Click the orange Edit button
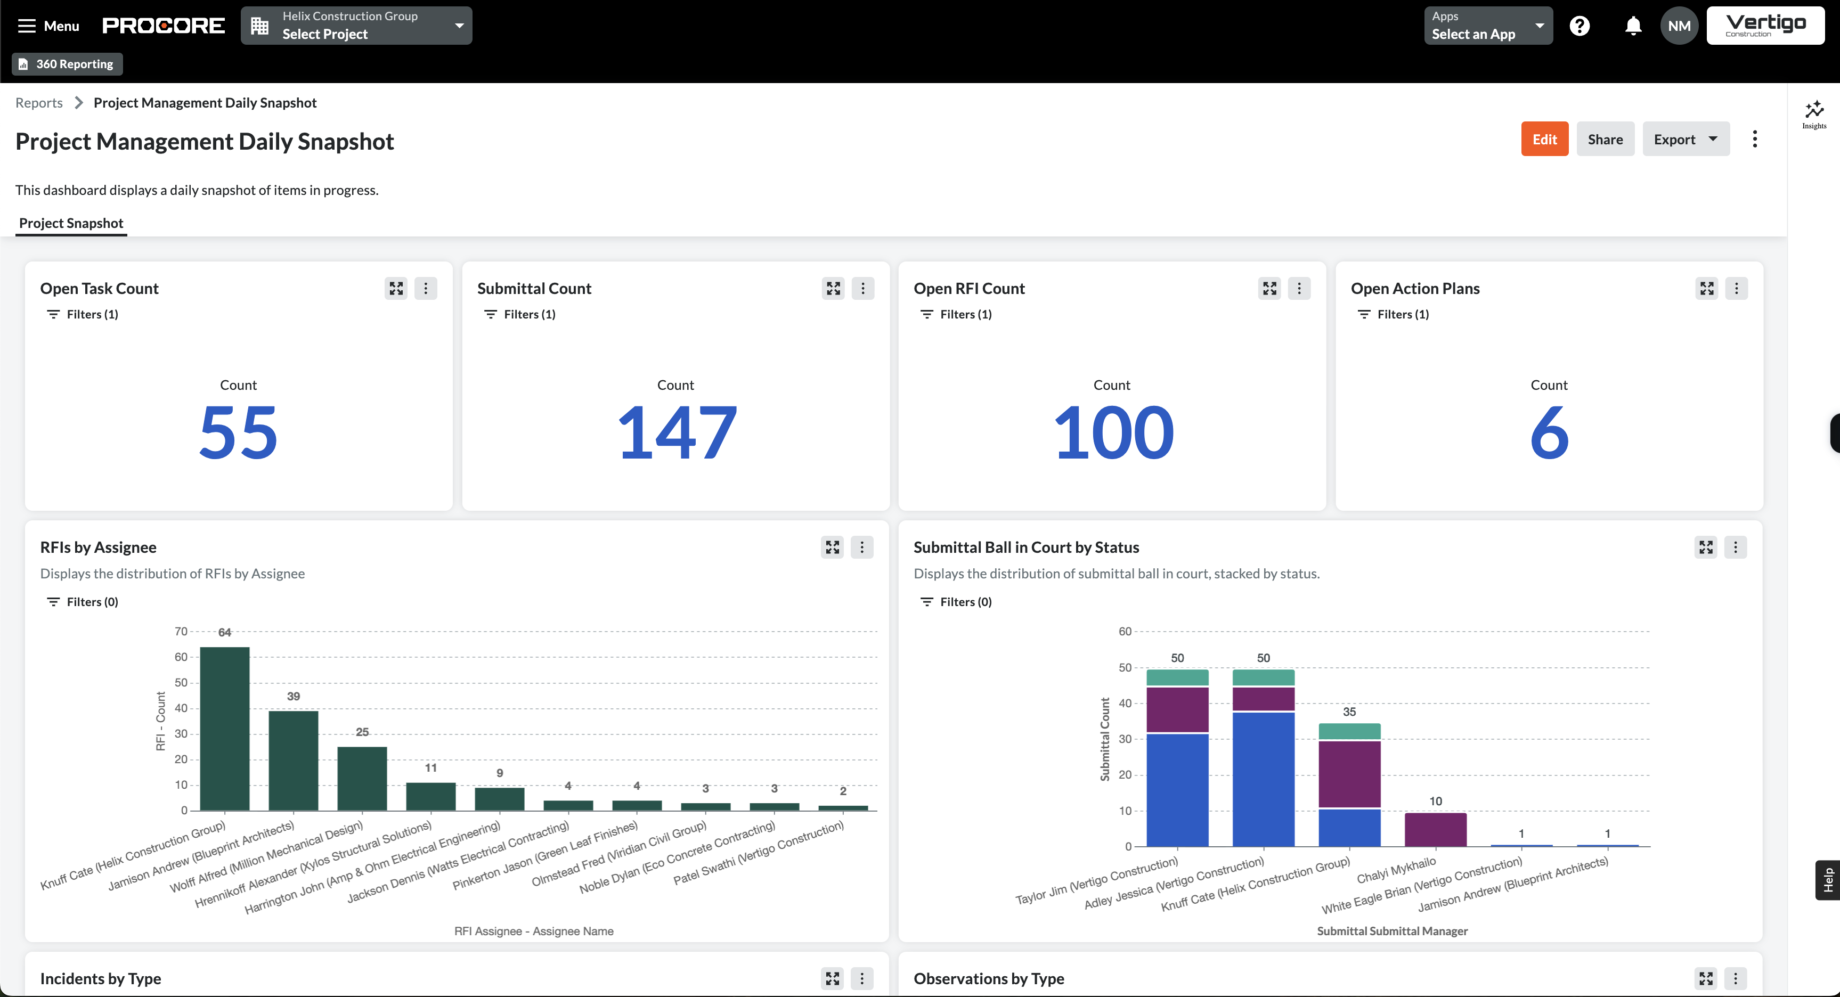[1544, 139]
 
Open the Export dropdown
[1685, 139]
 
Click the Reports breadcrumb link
[39, 103]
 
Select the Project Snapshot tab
[71, 224]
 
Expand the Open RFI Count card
[1269, 289]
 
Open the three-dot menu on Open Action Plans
[1736, 289]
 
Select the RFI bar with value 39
[293, 760]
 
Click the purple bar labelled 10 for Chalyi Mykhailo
[1435, 829]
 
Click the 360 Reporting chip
[67, 64]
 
